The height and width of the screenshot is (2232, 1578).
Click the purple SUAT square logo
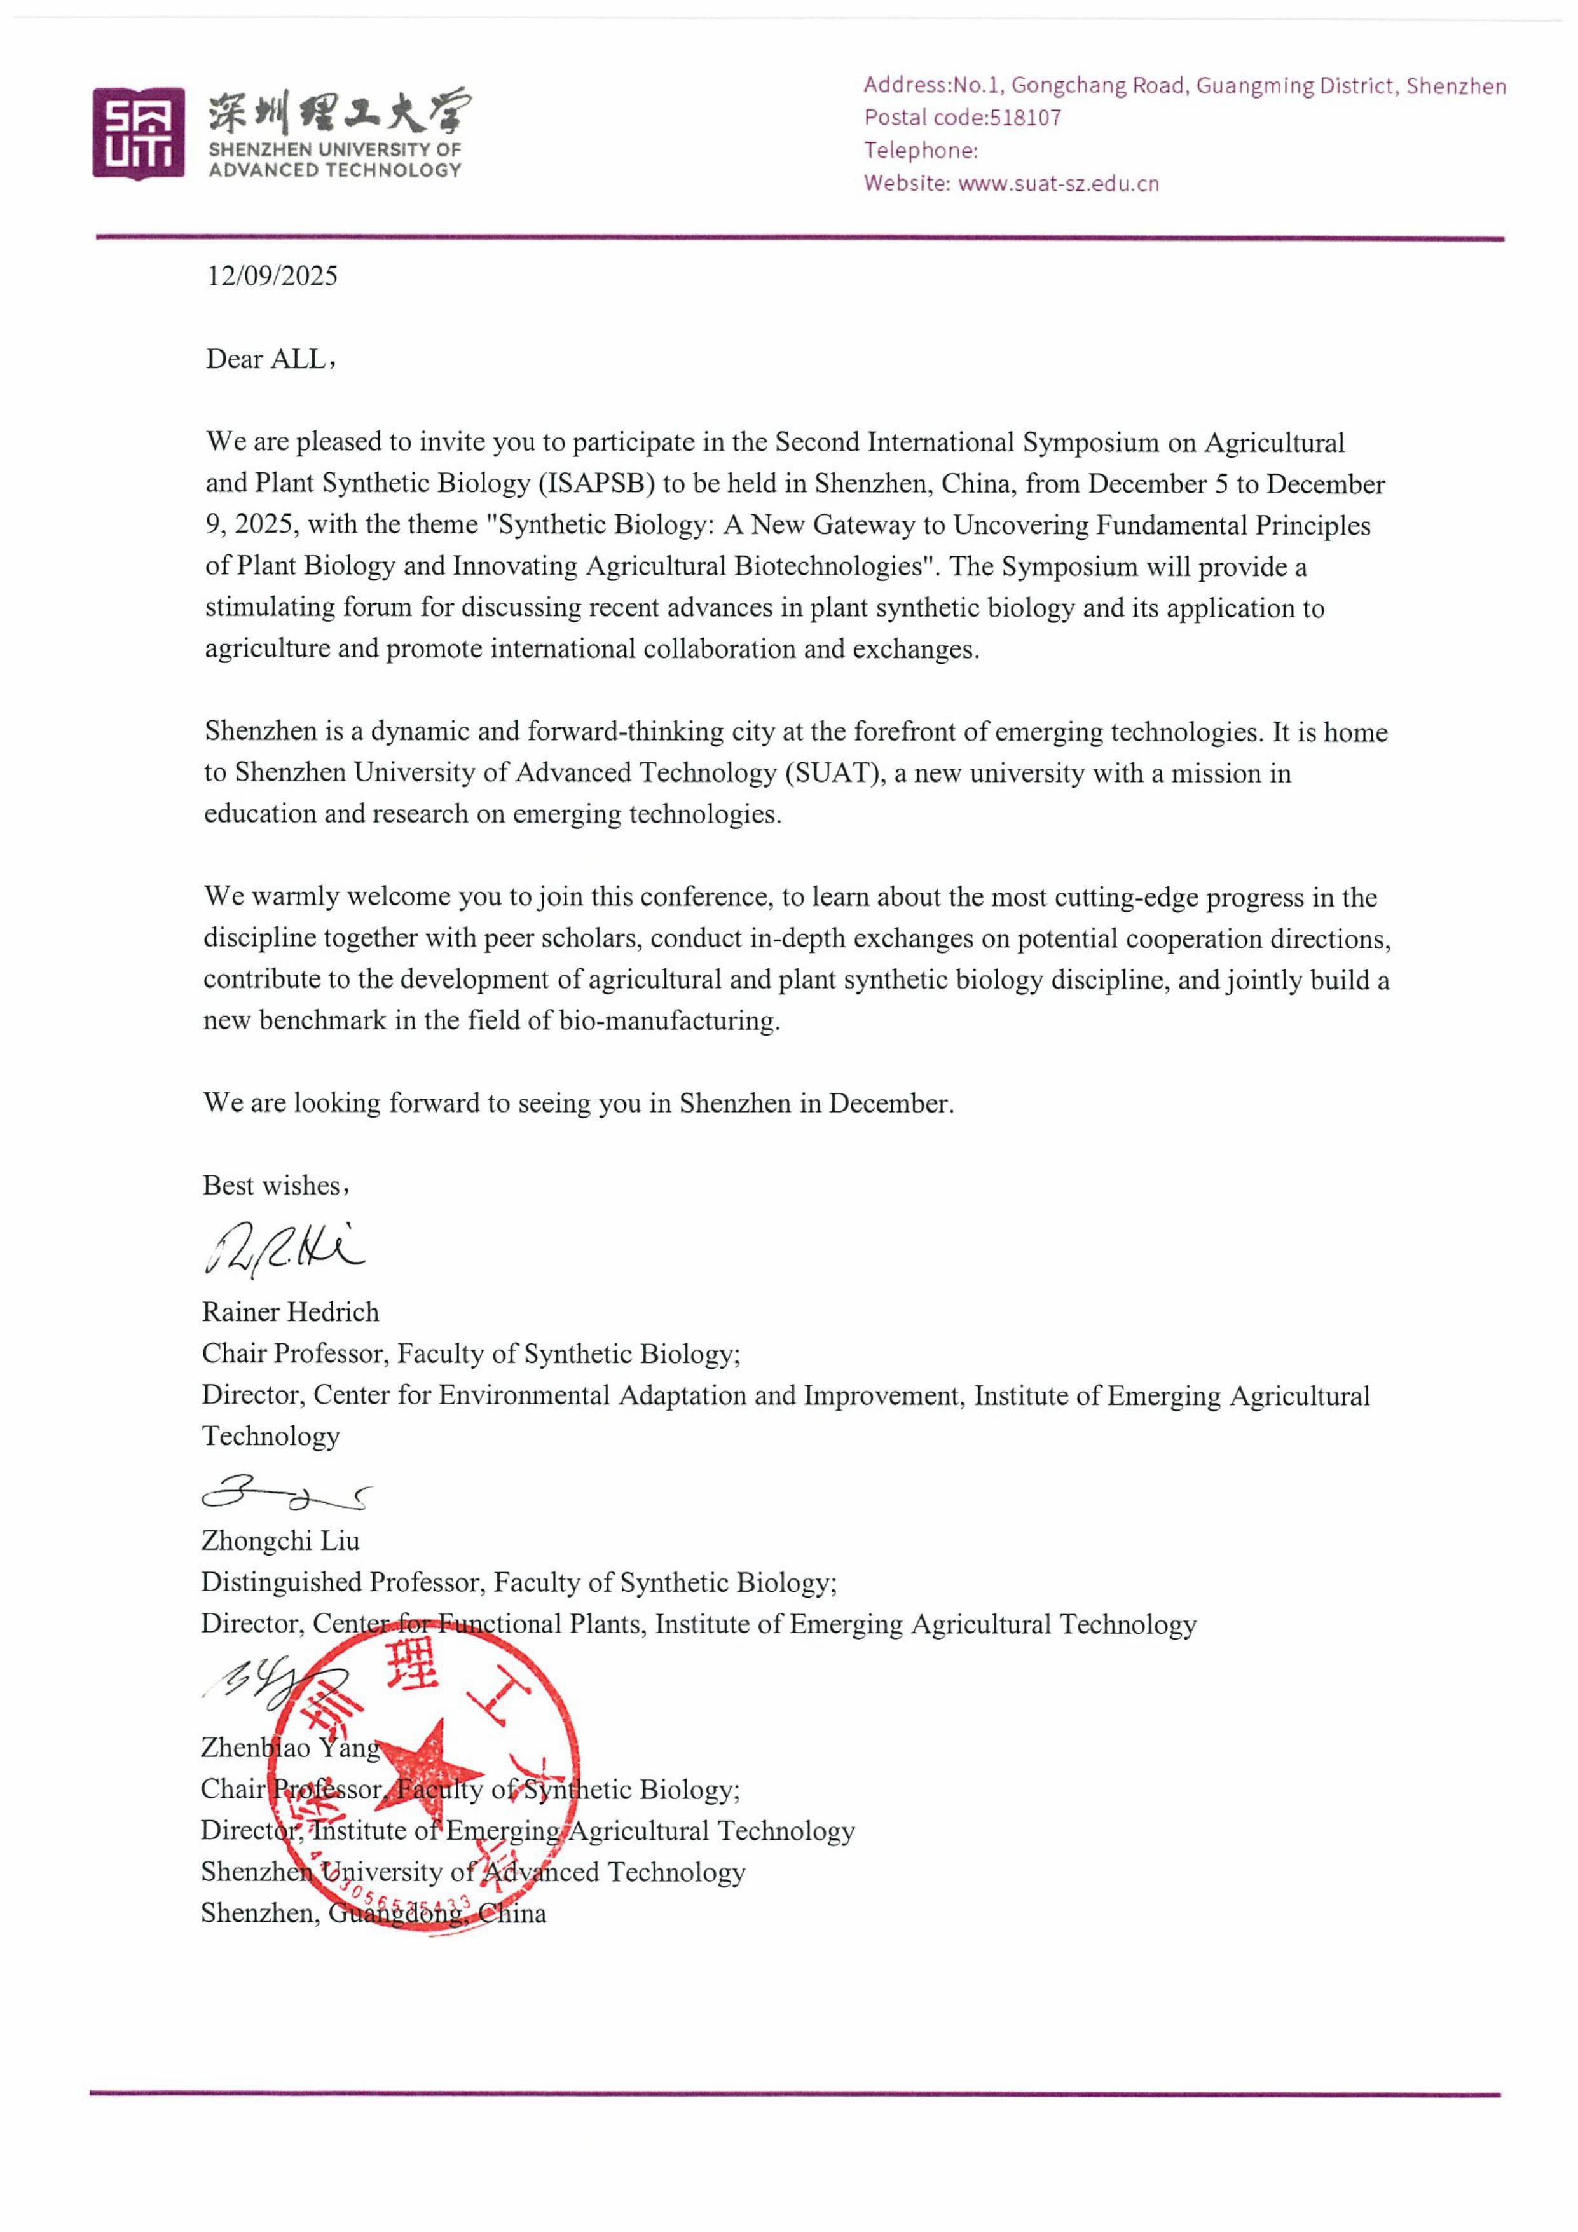coord(138,133)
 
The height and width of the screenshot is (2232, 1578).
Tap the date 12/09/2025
coord(271,276)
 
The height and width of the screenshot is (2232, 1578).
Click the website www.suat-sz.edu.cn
coord(1058,184)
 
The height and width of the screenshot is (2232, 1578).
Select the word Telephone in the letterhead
coord(918,151)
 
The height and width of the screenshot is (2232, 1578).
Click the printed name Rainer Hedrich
coord(290,1312)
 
